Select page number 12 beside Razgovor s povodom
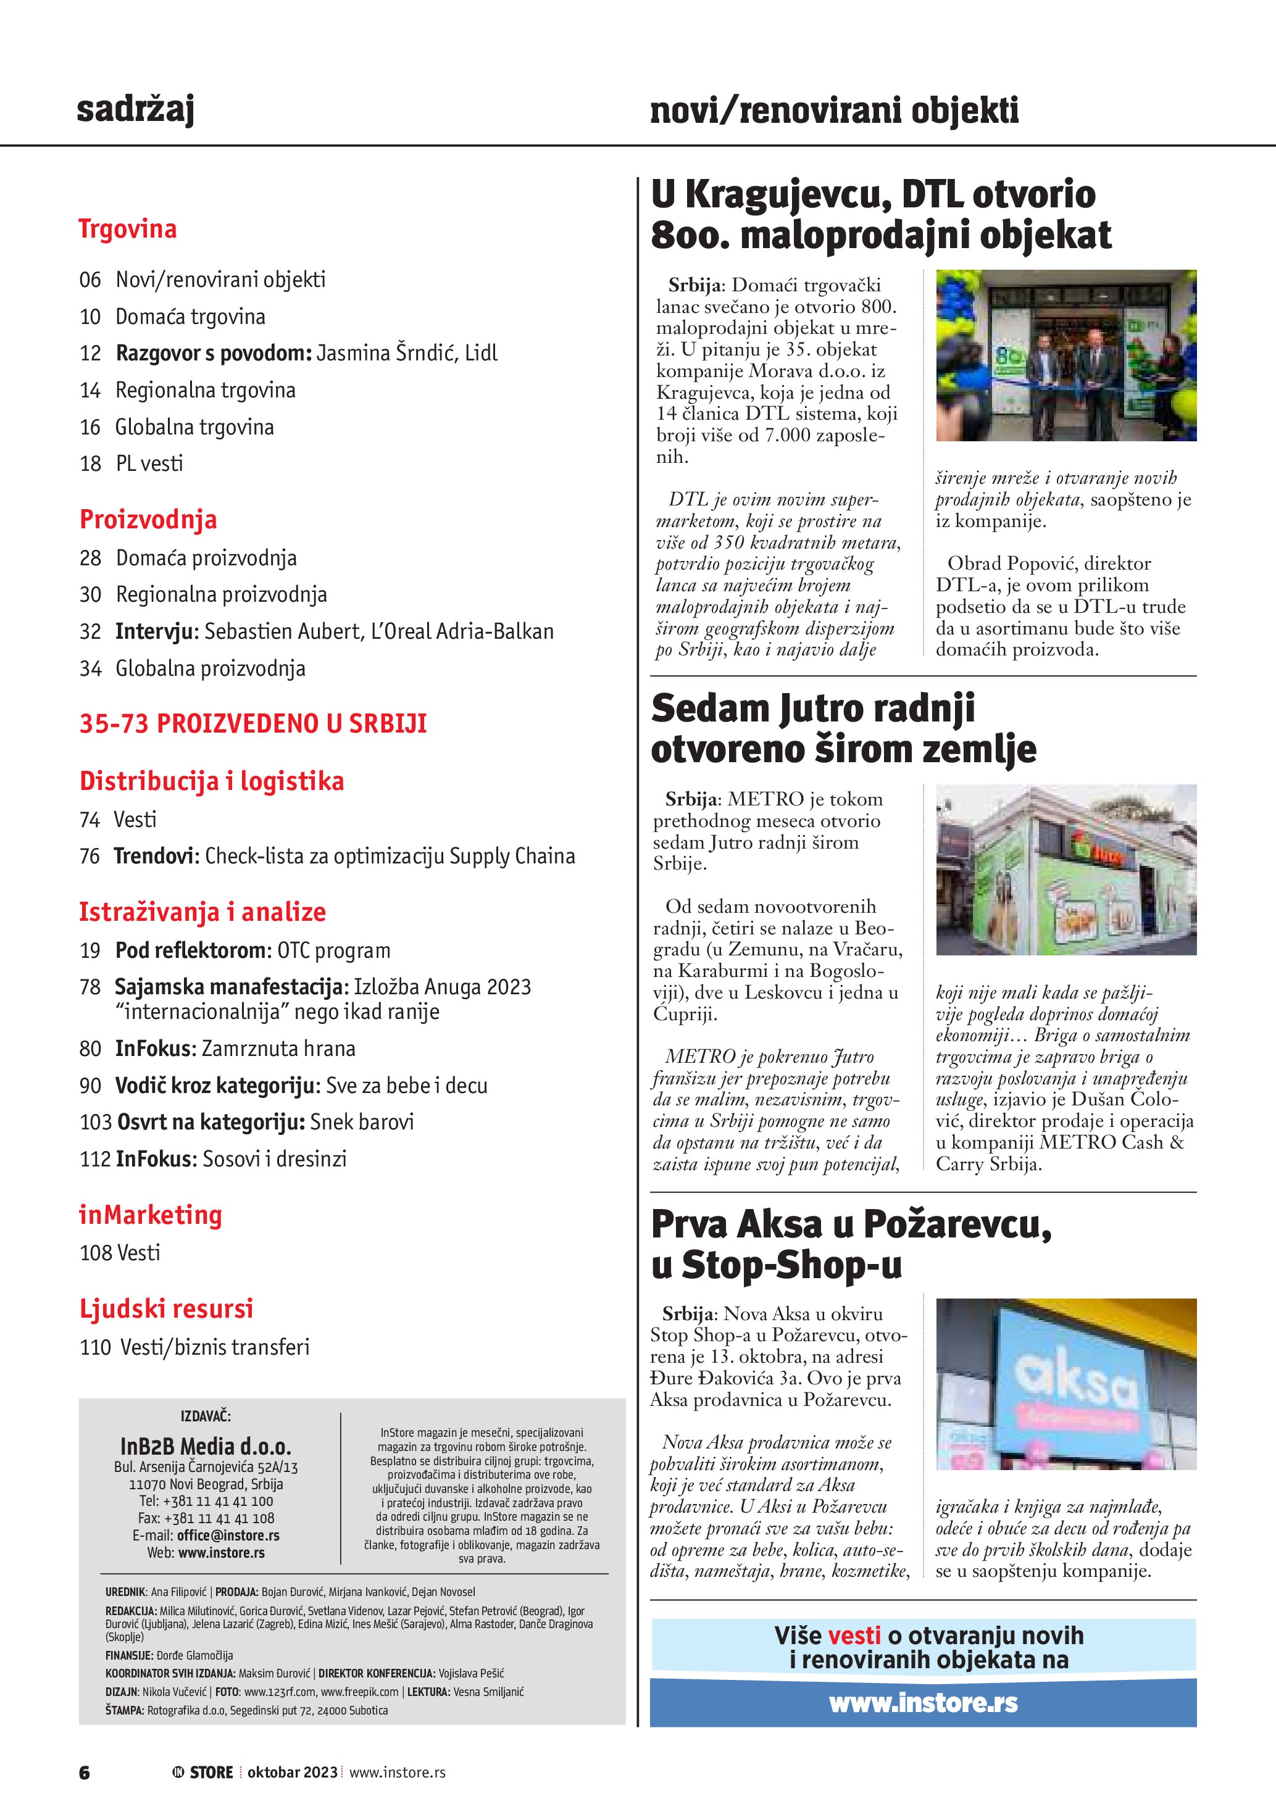coord(90,354)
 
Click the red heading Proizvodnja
coord(148,520)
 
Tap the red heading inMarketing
coord(150,1215)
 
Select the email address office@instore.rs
coord(228,1536)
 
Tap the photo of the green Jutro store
coord(1065,869)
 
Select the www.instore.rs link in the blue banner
coord(924,1703)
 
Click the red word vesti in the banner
coord(854,1636)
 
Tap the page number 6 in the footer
coord(84,1772)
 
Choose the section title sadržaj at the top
coord(135,109)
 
